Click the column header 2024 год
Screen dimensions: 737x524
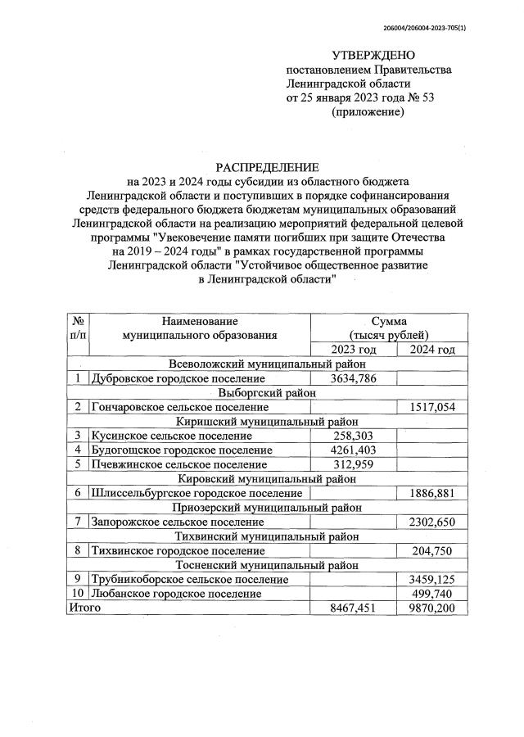click(x=431, y=350)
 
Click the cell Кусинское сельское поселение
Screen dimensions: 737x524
click(x=160, y=436)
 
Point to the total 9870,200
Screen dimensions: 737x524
click(x=431, y=608)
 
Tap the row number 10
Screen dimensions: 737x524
click(x=77, y=593)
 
